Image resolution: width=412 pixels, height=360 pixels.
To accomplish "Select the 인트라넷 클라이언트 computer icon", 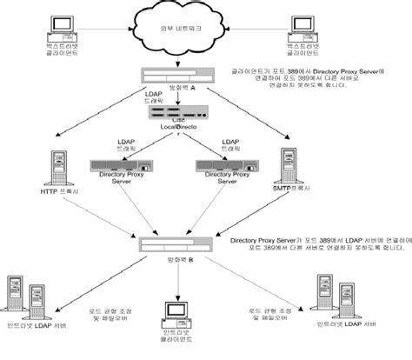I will pos(177,314).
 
